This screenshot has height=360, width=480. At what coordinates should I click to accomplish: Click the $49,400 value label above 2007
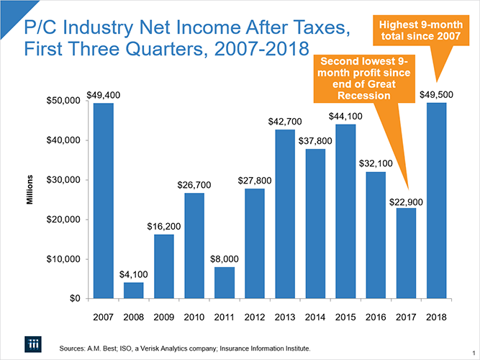pyautogui.click(x=104, y=95)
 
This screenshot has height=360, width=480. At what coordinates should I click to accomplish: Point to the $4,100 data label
pyautogui.click(x=134, y=275)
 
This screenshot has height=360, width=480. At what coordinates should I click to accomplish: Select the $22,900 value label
pyautogui.click(x=406, y=201)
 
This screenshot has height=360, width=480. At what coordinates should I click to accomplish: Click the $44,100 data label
pyautogui.click(x=345, y=117)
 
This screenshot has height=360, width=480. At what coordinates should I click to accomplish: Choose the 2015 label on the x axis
pyautogui.click(x=345, y=316)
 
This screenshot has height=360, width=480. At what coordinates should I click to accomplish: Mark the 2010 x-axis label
pyautogui.click(x=194, y=316)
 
